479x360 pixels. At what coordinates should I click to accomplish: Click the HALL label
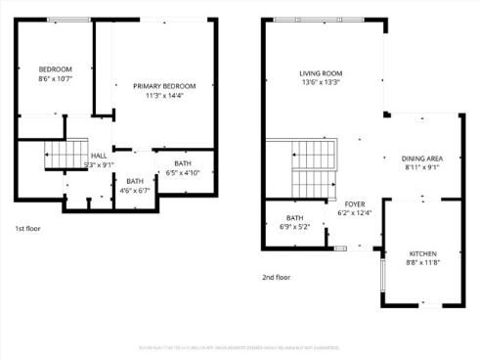99,156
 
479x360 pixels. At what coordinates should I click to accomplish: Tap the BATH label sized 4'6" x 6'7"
135,180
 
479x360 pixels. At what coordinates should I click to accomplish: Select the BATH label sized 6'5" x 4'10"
183,163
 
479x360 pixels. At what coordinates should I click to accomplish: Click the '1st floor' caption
27,228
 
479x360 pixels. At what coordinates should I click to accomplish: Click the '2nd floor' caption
276,277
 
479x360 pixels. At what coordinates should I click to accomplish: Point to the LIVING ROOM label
321,73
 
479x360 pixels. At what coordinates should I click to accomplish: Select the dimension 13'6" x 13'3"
321,82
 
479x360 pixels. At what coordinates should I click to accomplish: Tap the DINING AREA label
422,157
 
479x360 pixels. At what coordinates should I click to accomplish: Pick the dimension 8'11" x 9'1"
422,166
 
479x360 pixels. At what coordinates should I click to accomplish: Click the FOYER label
355,203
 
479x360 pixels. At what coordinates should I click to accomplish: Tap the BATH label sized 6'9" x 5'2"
295,217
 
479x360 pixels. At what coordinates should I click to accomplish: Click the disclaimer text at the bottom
239,345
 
